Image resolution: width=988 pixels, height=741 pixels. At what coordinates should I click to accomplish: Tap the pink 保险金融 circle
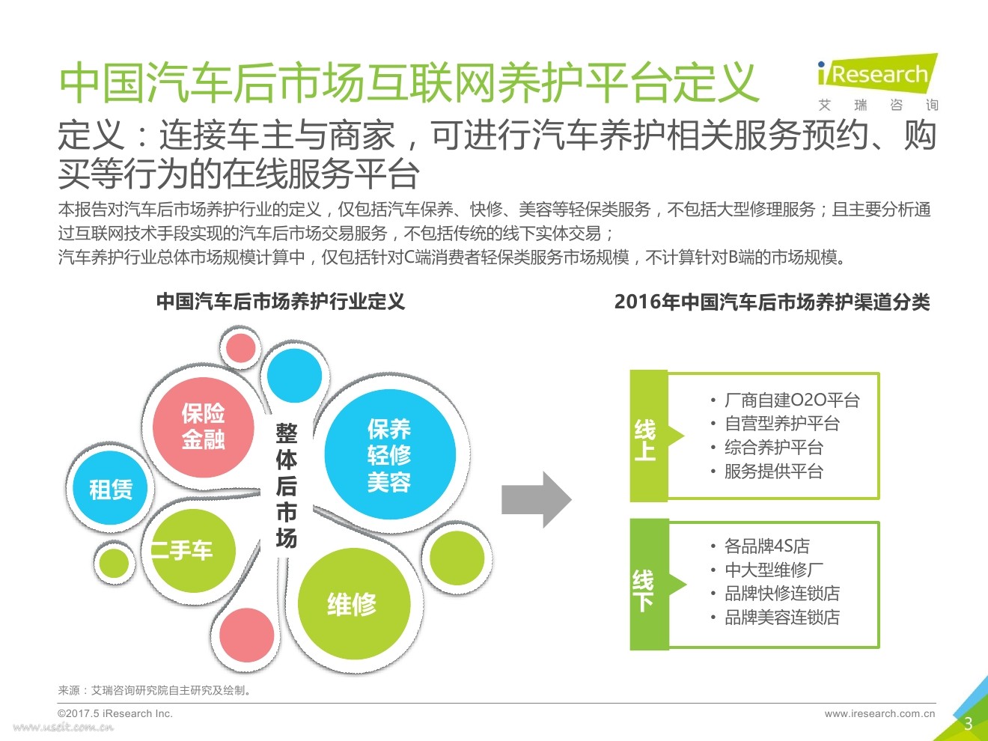pyautogui.click(x=203, y=427)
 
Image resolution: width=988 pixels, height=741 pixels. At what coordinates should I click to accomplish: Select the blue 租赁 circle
pyautogui.click(x=111, y=489)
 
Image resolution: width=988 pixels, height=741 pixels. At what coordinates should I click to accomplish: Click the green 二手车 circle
pyautogui.click(x=189, y=551)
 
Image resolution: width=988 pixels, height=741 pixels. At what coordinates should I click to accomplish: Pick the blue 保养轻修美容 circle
pyautogui.click(x=389, y=454)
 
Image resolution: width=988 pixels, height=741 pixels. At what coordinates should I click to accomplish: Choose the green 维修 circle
pyautogui.click(x=353, y=603)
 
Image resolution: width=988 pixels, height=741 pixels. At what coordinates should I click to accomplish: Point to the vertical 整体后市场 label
pyautogui.click(x=286, y=485)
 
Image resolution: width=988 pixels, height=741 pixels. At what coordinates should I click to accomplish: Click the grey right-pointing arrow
pyautogui.click(x=536, y=499)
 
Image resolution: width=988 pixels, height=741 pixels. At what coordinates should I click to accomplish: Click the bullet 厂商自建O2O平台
pyautogui.click(x=792, y=400)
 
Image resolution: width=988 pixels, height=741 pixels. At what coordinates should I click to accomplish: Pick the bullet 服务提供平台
pyautogui.click(x=773, y=472)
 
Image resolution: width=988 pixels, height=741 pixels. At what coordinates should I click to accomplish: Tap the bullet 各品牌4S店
pyautogui.click(x=766, y=546)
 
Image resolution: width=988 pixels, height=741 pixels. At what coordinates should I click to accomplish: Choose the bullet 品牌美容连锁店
pyautogui.click(x=781, y=617)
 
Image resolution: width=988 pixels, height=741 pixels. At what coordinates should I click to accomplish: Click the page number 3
pyautogui.click(x=968, y=723)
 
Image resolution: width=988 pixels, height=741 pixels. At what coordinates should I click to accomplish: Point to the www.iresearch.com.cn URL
pyautogui.click(x=879, y=713)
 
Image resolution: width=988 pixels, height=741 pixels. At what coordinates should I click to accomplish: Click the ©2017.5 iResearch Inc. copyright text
pyautogui.click(x=115, y=713)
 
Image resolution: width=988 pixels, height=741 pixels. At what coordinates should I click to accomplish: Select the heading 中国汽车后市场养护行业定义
pyautogui.click(x=281, y=302)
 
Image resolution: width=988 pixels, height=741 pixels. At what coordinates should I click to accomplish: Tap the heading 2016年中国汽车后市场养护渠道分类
pyautogui.click(x=772, y=302)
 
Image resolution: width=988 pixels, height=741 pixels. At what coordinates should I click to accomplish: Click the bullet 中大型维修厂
pyautogui.click(x=773, y=570)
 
